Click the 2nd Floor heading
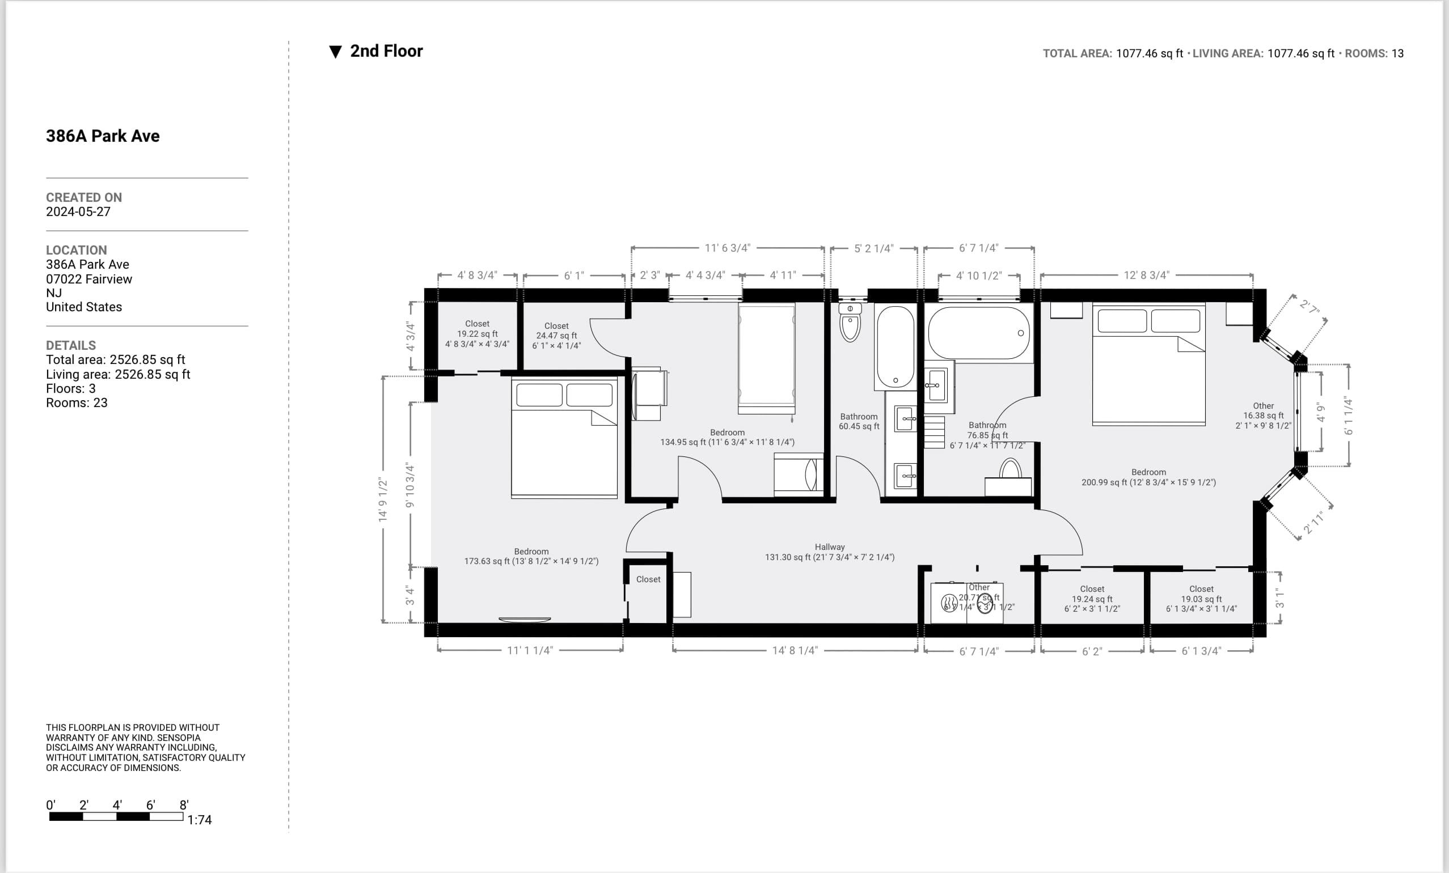click(386, 51)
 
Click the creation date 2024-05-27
click(78, 211)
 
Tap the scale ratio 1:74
click(200, 820)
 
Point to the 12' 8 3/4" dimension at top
click(1146, 275)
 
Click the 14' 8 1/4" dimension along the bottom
click(795, 650)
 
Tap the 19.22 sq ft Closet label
click(477, 333)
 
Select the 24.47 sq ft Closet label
click(556, 335)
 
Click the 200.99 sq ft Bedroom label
click(1148, 477)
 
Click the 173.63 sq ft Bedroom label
click(531, 556)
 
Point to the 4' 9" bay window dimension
click(1321, 412)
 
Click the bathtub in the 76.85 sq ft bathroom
click(978, 333)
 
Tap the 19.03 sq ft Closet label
click(1201, 599)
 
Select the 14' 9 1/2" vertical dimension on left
click(383, 499)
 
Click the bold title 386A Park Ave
click(103, 136)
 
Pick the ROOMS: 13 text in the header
click(1374, 53)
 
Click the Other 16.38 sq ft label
click(1262, 415)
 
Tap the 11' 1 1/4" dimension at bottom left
click(529, 650)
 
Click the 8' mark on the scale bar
click(184, 805)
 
